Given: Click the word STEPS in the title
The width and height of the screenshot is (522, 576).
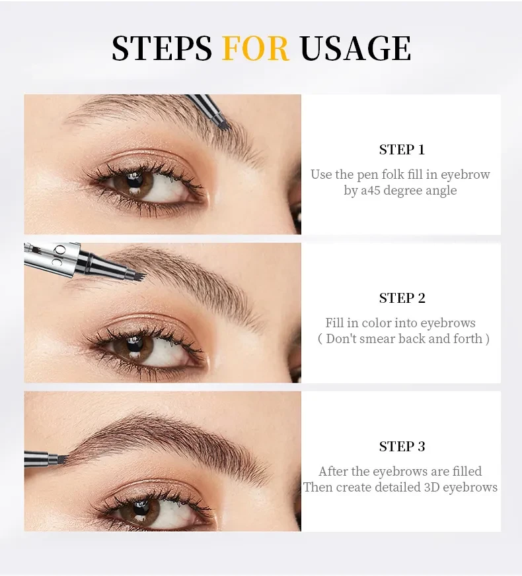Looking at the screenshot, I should pyautogui.click(x=162, y=48).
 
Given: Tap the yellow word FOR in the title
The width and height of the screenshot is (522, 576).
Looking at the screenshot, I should pyautogui.click(x=256, y=48).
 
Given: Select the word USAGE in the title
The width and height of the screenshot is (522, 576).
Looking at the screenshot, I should pyautogui.click(x=355, y=48).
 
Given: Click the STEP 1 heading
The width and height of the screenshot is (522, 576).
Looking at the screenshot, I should pyautogui.click(x=402, y=150).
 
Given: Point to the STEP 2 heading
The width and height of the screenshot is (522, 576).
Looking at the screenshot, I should pyautogui.click(x=402, y=298).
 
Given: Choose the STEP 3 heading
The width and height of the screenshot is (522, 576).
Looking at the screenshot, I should pyautogui.click(x=402, y=447).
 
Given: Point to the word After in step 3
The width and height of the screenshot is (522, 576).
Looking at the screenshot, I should pyautogui.click(x=334, y=472).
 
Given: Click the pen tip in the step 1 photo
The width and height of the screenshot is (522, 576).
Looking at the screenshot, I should pyautogui.click(x=221, y=123).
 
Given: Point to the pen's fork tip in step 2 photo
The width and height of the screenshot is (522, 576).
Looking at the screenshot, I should pyautogui.click(x=137, y=271).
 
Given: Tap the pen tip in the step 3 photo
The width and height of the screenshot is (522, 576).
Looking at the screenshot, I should pyautogui.click(x=61, y=457).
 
